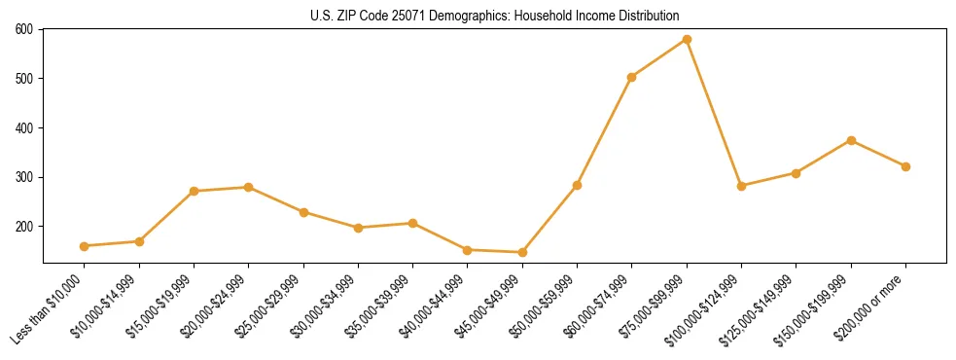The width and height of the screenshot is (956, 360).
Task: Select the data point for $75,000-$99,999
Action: [687, 40]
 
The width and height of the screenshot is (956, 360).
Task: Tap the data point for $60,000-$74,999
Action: [632, 77]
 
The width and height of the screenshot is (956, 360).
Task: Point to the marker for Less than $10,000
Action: [85, 246]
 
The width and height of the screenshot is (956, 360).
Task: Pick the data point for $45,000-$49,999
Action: [522, 252]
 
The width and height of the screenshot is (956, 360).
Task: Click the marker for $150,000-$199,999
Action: [851, 140]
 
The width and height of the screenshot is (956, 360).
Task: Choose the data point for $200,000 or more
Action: [905, 166]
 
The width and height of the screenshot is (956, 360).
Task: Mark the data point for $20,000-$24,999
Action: [249, 187]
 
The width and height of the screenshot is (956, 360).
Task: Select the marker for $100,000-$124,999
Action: [741, 186]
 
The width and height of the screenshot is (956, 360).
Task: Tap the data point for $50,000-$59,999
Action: [577, 185]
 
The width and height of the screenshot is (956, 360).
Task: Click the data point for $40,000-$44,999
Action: [468, 250]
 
